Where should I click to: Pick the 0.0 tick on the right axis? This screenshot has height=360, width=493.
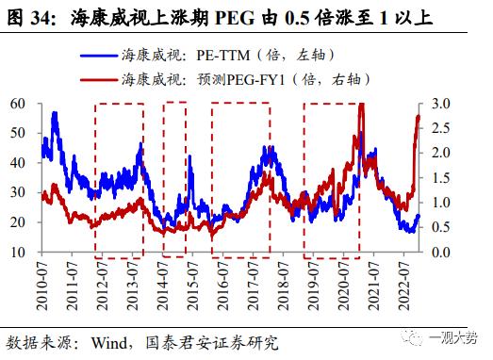[x=440, y=252]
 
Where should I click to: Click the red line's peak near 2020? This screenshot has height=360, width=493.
[x=362, y=104]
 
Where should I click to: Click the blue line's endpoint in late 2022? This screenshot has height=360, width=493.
[x=419, y=216]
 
